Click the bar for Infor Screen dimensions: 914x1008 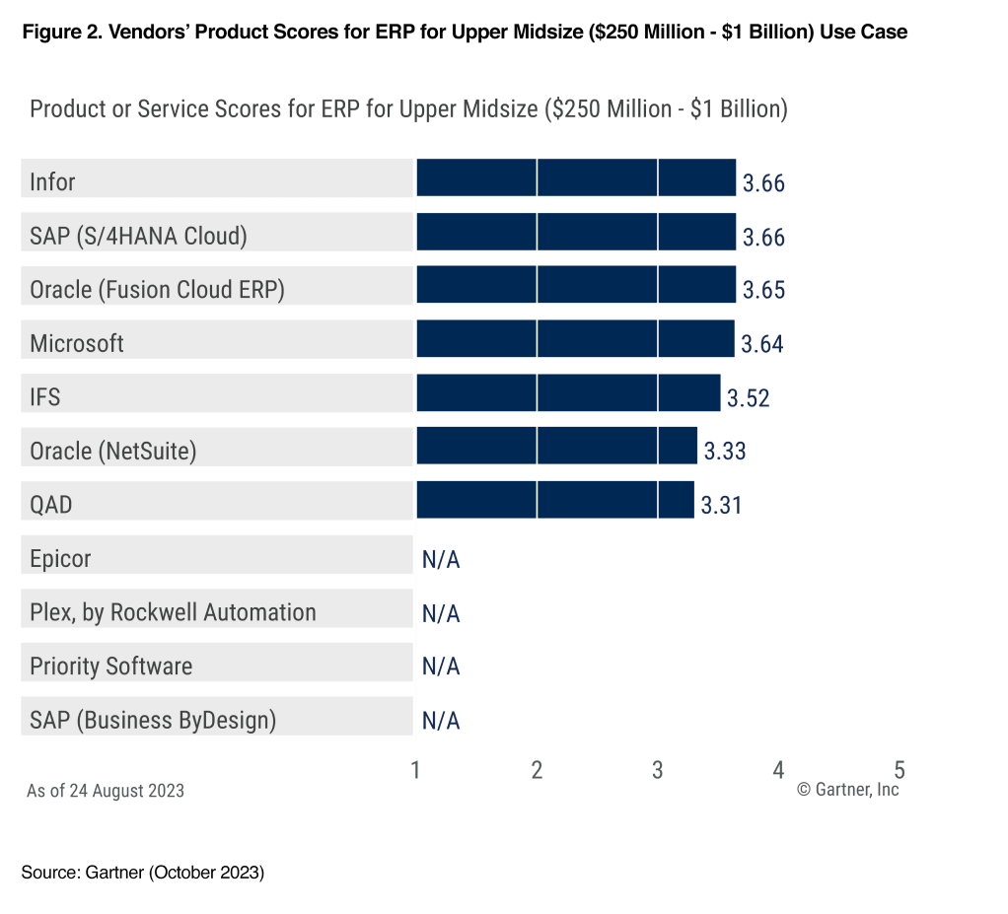576,177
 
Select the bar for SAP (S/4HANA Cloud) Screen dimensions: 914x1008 576,232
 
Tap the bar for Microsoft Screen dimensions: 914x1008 575,338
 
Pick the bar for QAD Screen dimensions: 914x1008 555,500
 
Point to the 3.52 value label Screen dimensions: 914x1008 748,398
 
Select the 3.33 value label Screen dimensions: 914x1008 724,452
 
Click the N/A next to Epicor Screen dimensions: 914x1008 441,560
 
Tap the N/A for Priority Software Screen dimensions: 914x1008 441,667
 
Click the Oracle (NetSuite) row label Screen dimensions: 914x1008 113,452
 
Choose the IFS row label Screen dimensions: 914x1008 45,397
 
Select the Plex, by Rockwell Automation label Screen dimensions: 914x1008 173,612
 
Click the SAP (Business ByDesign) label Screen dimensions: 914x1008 153,720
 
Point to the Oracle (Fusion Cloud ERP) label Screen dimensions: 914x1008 158,290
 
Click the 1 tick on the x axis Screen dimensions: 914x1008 416,770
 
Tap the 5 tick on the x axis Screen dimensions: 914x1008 900,770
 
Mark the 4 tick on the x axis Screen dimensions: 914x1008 778,770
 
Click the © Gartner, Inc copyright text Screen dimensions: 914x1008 847,790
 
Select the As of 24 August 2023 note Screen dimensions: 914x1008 106,791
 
